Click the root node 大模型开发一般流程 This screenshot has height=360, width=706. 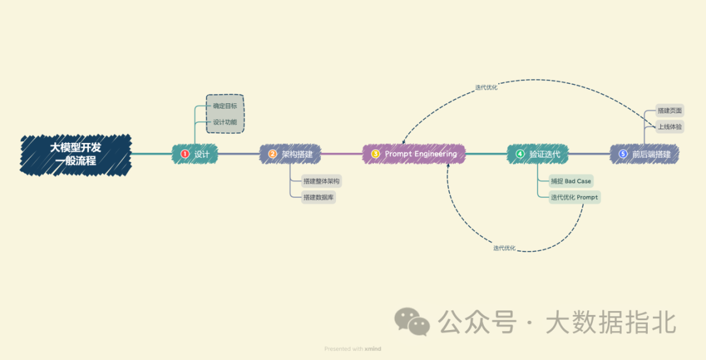76,154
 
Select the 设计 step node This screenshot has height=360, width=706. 195,154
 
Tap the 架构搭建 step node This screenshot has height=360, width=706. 290,155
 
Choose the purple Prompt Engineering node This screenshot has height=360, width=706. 414,154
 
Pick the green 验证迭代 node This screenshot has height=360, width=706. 538,155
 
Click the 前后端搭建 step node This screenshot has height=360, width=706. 644,155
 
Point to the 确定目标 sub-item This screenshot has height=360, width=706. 225,106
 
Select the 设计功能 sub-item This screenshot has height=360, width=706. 225,122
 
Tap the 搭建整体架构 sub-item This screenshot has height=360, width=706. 321,181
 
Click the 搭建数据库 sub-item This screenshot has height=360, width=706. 318,197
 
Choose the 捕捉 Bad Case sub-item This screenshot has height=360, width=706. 571,181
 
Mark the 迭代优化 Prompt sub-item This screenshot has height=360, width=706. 574,197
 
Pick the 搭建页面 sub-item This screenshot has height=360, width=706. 669,111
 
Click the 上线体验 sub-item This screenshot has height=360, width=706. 669,126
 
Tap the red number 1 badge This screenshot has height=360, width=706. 185,154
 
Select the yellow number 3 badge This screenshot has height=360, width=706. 375,154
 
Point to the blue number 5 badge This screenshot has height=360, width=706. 622,154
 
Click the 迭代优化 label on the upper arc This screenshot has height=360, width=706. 486,87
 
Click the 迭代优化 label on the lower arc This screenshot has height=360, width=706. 504,248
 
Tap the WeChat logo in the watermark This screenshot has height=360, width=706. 412,321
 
